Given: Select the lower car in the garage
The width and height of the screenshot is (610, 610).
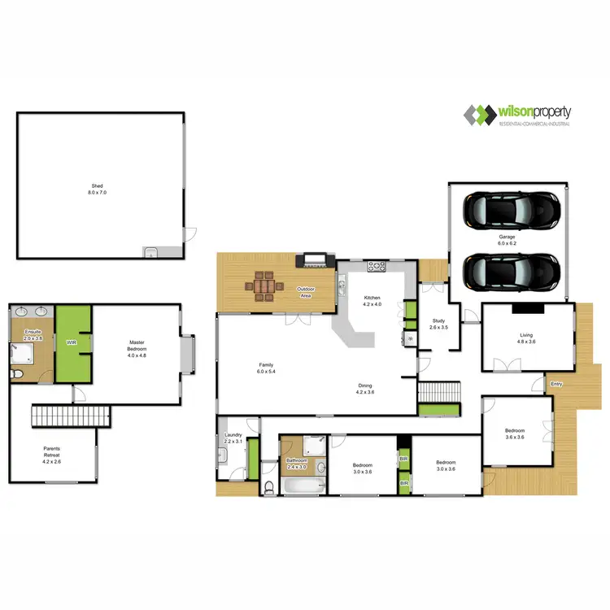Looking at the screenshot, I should point(512,271).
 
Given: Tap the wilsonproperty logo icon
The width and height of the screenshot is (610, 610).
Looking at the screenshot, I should point(480,114).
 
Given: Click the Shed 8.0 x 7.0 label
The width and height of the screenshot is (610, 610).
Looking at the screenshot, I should point(98,190).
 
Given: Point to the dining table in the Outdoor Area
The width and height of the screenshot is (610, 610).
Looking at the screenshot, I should point(264,286).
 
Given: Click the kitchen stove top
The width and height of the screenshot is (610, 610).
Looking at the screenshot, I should point(377,265).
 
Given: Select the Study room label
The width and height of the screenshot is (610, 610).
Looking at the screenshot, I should point(438,324).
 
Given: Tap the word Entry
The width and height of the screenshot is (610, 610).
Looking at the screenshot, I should point(556,383).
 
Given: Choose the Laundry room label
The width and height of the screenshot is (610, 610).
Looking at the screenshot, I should point(233,439).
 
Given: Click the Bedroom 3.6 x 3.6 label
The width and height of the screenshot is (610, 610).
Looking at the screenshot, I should point(514,434).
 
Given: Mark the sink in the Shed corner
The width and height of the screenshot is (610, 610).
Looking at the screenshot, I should point(151,251).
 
